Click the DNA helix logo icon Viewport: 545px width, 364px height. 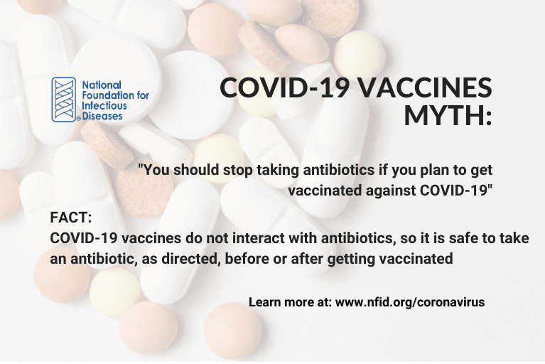coord(63,100)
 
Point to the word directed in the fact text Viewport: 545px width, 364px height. coord(189,259)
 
